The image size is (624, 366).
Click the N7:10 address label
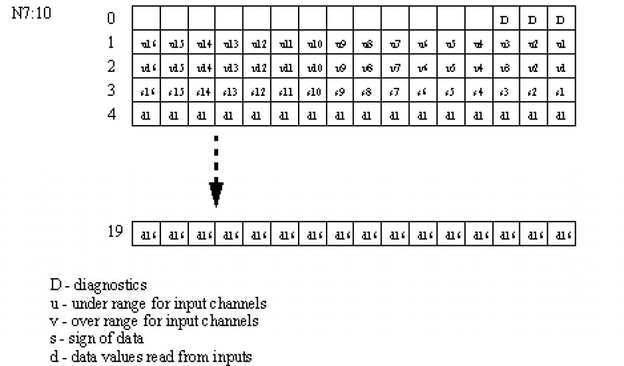coord(32,13)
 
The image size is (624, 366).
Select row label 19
coord(116,232)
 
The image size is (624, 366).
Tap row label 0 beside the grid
coord(111,18)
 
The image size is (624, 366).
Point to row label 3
coord(111,90)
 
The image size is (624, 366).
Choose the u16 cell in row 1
coord(146,44)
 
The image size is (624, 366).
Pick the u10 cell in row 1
coord(313,44)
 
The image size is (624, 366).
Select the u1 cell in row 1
coord(561,44)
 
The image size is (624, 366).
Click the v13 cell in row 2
coord(229,68)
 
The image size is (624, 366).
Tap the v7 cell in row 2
coord(395,68)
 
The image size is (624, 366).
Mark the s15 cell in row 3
coord(174,91)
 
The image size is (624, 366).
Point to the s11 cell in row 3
coord(285,91)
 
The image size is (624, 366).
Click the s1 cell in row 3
coord(561,91)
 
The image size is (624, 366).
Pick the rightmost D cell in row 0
coord(561,20)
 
